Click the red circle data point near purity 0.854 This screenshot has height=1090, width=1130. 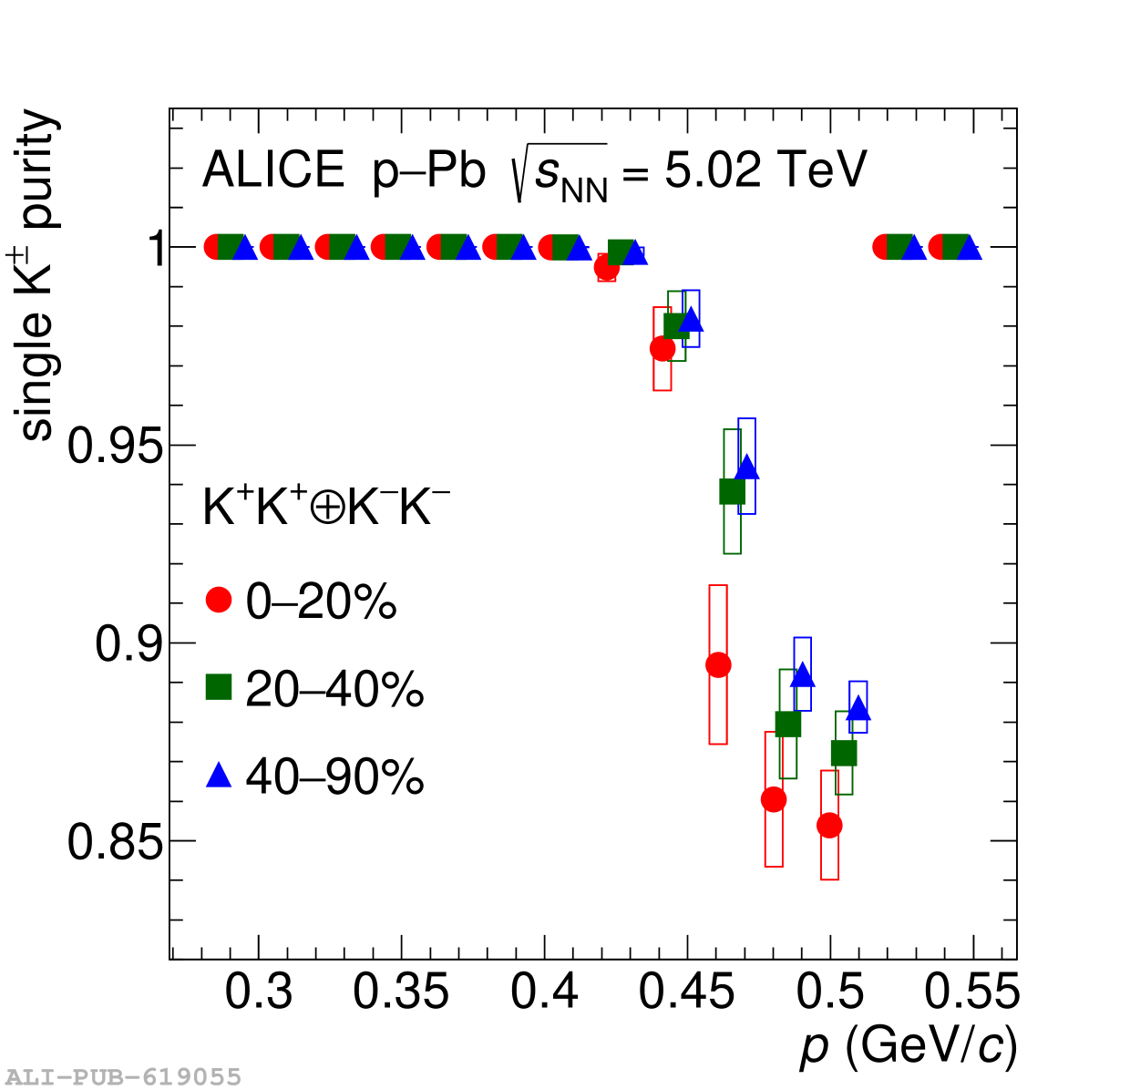pyautogui.click(x=829, y=826)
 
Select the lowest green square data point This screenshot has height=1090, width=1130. pyautogui.click(x=844, y=754)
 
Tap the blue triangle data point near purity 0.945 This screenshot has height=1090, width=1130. pyautogui.click(x=747, y=468)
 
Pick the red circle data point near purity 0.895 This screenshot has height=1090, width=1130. pyautogui.click(x=718, y=665)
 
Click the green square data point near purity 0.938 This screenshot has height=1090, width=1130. pyautogui.click(x=732, y=492)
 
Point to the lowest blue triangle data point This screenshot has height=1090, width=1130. pyautogui.click(x=858, y=709)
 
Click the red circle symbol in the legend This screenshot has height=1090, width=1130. pyautogui.click(x=219, y=600)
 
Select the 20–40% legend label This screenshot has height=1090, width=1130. pyautogui.click(x=334, y=689)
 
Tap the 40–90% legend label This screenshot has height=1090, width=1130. pyautogui.click(x=334, y=776)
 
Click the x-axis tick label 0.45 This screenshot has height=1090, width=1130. pyautogui.click(x=686, y=992)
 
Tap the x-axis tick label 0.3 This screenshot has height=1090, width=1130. pyautogui.click(x=259, y=992)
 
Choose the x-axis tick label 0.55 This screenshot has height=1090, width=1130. pyautogui.click(x=971, y=992)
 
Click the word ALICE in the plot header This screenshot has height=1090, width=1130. pyautogui.click(x=273, y=170)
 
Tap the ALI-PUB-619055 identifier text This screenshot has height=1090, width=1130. pyautogui.click(x=124, y=1077)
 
